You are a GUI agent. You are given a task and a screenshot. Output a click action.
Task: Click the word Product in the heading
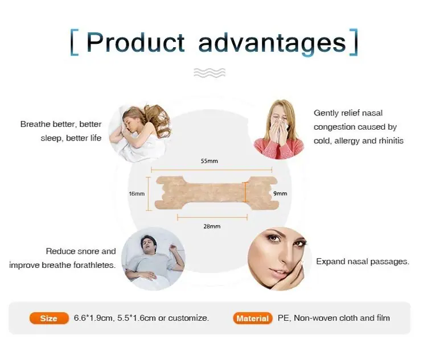coord(136,42)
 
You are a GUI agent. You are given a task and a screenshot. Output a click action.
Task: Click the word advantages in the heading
coord(272,44)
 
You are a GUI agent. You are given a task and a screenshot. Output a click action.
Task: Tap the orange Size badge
coord(49,318)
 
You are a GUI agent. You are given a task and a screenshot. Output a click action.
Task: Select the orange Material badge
coord(253,318)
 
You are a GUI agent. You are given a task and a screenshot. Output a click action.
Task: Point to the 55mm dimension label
coord(210,161)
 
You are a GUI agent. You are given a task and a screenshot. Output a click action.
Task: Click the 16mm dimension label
coord(137,194)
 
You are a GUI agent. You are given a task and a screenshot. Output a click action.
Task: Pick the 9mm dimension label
coord(280,193)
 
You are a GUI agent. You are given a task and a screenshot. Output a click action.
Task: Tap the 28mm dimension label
coord(212,226)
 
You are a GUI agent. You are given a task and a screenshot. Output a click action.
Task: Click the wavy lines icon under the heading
coord(210,73)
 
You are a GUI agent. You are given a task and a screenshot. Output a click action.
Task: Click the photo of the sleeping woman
coord(139,133)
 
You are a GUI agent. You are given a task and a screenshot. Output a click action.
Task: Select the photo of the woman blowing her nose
coord(278,130)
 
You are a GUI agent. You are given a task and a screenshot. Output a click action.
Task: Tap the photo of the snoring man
coord(153,259)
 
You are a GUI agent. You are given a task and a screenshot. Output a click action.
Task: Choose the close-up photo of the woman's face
coord(280,259)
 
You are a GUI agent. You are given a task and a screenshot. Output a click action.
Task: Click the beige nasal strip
coord(216,193)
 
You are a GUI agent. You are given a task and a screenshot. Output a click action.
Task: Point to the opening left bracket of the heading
coord(75,43)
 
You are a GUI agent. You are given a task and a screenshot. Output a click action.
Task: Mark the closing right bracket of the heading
coord(353,42)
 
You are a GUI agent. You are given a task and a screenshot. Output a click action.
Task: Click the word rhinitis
coord(391,140)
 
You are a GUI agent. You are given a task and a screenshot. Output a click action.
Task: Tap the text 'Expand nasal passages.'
coord(363,262)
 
